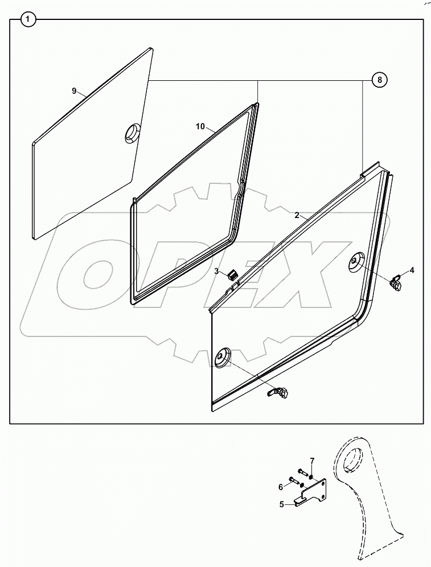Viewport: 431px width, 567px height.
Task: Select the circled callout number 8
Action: pos(380,80)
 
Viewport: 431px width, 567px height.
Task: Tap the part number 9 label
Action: pos(73,91)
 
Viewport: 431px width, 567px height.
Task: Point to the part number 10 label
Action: pos(200,126)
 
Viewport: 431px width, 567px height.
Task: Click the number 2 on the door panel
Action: pos(297,215)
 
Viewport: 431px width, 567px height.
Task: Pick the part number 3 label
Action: pos(216,272)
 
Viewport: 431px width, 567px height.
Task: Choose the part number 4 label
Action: pos(412,270)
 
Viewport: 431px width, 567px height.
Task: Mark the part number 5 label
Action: pos(281,504)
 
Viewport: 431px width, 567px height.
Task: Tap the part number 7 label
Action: pos(311,460)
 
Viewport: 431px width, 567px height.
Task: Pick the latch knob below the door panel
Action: pos(280,392)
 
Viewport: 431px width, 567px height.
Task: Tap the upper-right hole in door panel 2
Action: pos(357,262)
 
